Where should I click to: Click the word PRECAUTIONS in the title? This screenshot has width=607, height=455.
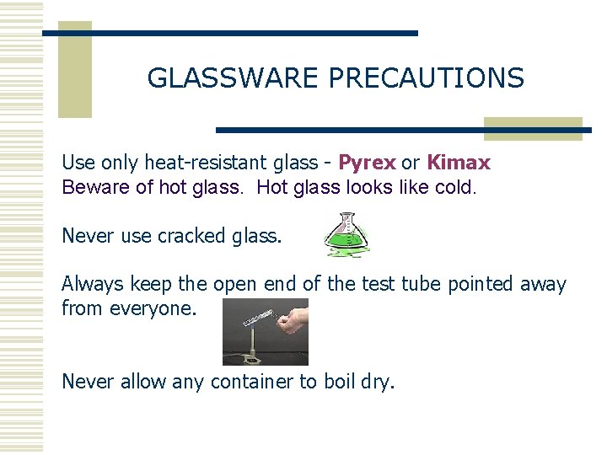tap(426, 78)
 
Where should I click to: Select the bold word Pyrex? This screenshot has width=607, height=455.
tap(367, 163)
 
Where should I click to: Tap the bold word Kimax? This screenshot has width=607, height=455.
tap(459, 163)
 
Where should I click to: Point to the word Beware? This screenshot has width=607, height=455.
tap(95, 187)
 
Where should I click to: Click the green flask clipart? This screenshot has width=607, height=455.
tap(346, 235)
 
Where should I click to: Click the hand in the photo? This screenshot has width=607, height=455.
tap(295, 319)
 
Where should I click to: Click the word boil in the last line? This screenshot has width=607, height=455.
tap(338, 382)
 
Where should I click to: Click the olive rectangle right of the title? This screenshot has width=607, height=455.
tap(532, 128)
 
